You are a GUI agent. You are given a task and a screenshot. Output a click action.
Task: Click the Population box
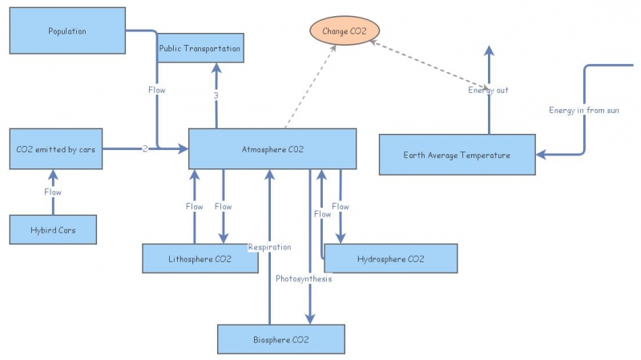click(67, 30)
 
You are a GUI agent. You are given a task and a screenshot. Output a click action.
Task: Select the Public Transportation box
click(200, 48)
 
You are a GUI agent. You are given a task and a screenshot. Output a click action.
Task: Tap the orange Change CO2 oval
click(345, 30)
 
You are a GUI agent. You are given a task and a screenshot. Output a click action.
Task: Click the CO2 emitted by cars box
click(56, 149)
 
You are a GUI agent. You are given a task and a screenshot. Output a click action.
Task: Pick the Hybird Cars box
click(53, 230)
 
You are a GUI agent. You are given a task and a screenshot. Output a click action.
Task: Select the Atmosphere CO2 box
click(272, 149)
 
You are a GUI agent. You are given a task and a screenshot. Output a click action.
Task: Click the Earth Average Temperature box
click(457, 155)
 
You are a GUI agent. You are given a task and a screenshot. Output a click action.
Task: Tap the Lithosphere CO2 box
click(200, 258)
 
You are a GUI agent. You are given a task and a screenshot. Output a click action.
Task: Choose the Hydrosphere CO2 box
click(391, 258)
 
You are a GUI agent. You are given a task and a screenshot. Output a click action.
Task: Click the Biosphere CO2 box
click(281, 339)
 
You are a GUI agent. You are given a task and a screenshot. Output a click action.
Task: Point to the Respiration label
click(270, 247)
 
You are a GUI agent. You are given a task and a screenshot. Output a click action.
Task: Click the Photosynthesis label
click(304, 278)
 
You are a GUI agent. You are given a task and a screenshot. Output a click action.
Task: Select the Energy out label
click(488, 90)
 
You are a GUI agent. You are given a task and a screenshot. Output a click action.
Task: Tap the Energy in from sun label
click(584, 110)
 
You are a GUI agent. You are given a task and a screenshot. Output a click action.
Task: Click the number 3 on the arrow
click(216, 95)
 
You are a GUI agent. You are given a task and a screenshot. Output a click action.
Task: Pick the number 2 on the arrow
click(145, 148)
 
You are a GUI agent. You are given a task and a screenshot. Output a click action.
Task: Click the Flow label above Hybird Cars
click(53, 192)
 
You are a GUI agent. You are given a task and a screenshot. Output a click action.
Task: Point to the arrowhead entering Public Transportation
click(216, 68)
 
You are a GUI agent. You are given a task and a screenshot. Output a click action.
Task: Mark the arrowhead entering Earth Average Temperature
click(541, 154)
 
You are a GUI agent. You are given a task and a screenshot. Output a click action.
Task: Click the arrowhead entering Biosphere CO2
click(310, 319)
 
